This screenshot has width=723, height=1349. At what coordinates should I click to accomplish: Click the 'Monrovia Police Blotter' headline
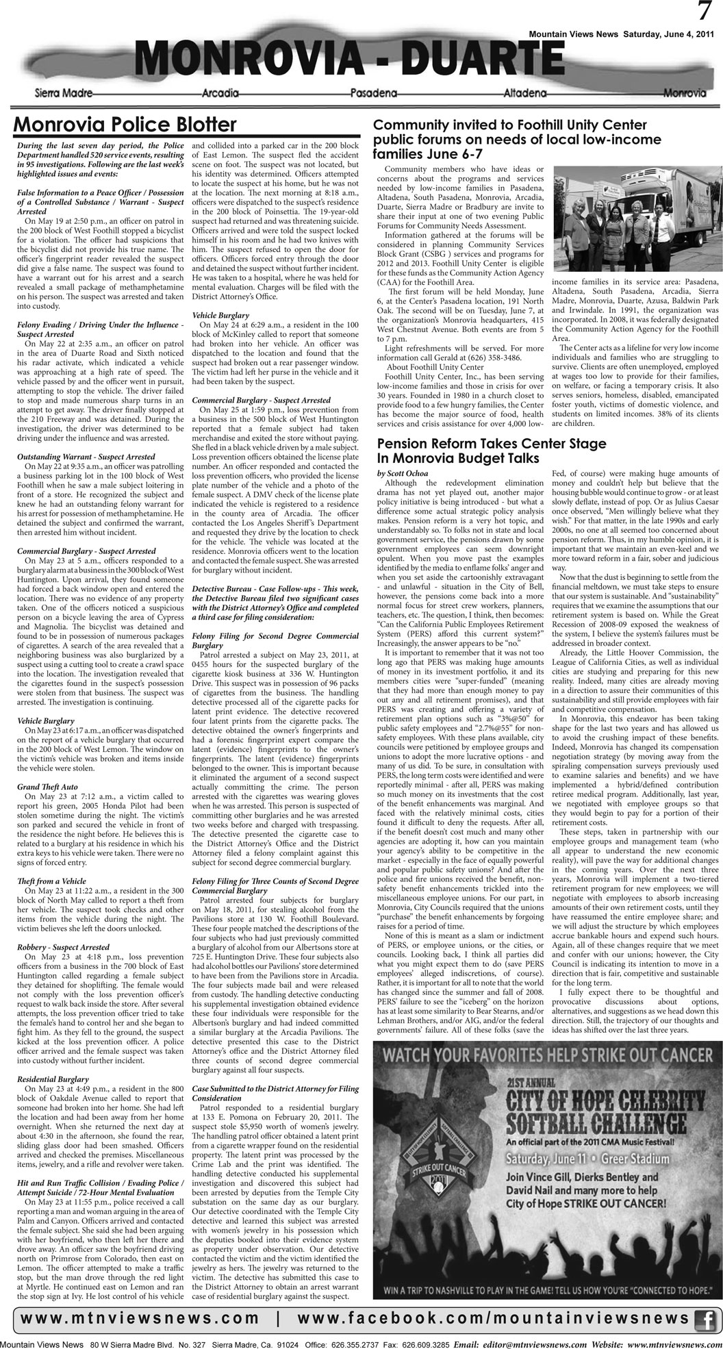pyautogui.click(x=125, y=125)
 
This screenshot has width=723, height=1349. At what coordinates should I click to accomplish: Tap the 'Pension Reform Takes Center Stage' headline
pyautogui.click(x=492, y=444)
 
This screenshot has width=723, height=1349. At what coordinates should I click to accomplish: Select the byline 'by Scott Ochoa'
pyautogui.click(x=403, y=474)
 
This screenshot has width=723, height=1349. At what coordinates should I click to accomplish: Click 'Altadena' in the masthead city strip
pyautogui.click(x=525, y=92)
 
